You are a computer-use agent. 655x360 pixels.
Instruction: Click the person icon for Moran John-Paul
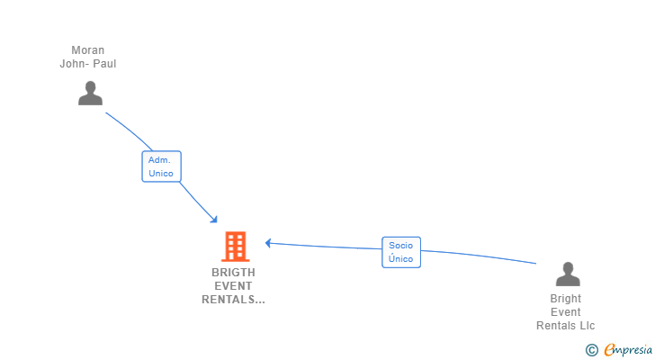(90, 93)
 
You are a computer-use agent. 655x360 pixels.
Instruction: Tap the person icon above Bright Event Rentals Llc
(567, 274)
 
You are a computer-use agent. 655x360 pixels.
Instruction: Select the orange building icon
(235, 246)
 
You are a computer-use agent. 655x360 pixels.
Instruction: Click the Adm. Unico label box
(161, 166)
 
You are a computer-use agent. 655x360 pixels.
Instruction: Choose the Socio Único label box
(400, 252)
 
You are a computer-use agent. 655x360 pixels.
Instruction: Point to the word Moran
(88, 50)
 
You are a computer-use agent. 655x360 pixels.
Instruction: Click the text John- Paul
(88, 64)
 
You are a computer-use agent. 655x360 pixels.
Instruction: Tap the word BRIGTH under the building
(233, 272)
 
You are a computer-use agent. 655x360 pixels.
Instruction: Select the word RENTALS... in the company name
(233, 300)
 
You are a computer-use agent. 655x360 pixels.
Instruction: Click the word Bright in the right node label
(566, 299)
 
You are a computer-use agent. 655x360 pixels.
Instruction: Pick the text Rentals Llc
(566, 326)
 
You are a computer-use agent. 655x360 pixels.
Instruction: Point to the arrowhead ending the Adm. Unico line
(214, 220)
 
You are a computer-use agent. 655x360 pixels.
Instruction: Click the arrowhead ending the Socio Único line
(268, 242)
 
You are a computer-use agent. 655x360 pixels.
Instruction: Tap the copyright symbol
(591, 350)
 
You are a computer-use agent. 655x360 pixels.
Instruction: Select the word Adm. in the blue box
(159, 160)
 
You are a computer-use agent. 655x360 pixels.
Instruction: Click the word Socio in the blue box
(400, 245)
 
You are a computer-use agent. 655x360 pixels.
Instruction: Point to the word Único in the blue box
(400, 259)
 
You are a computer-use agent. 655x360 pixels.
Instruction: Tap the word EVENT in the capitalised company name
(233, 286)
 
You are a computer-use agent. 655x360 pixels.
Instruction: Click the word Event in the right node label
(566, 312)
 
